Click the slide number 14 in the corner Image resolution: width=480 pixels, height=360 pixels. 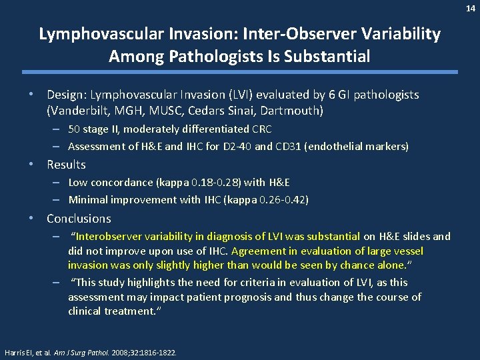point(471,7)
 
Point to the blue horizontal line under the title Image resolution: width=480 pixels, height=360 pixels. point(240,72)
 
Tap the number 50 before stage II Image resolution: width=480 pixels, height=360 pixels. point(74,129)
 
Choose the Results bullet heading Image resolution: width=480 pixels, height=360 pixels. point(66,165)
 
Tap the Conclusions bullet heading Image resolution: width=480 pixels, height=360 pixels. point(79,219)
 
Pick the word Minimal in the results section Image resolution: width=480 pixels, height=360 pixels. point(87,199)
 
